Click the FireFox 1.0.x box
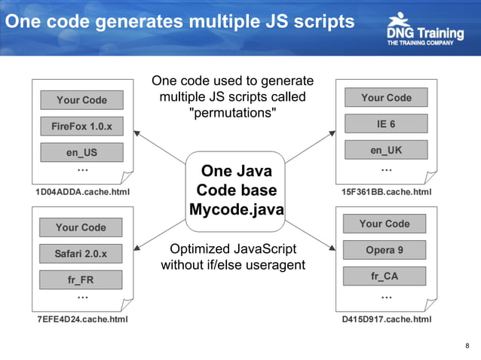coord(81,127)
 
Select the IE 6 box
coord(386,124)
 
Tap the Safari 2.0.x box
coord(81,254)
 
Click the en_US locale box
coord(81,153)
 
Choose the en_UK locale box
coord(386,150)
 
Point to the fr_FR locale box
coord(81,280)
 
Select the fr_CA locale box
coord(384,276)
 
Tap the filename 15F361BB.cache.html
coord(386,192)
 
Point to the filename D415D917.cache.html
coord(386,319)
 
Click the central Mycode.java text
coord(236,209)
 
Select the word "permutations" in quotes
coord(232,113)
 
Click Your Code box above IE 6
coord(386,97)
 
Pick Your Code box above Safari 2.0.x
coord(81,227)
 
